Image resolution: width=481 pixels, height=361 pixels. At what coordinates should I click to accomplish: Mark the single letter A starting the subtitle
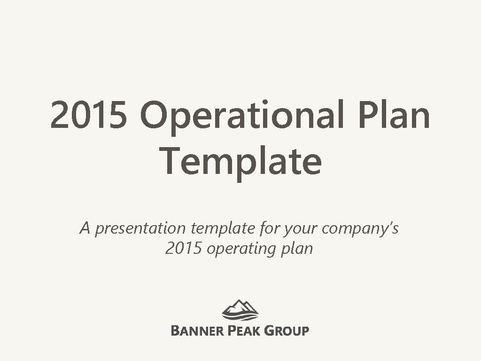tap(85, 228)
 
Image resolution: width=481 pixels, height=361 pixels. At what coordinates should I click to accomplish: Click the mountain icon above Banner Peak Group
tap(240, 309)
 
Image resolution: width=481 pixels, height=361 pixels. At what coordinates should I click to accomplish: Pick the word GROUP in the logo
tap(287, 330)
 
